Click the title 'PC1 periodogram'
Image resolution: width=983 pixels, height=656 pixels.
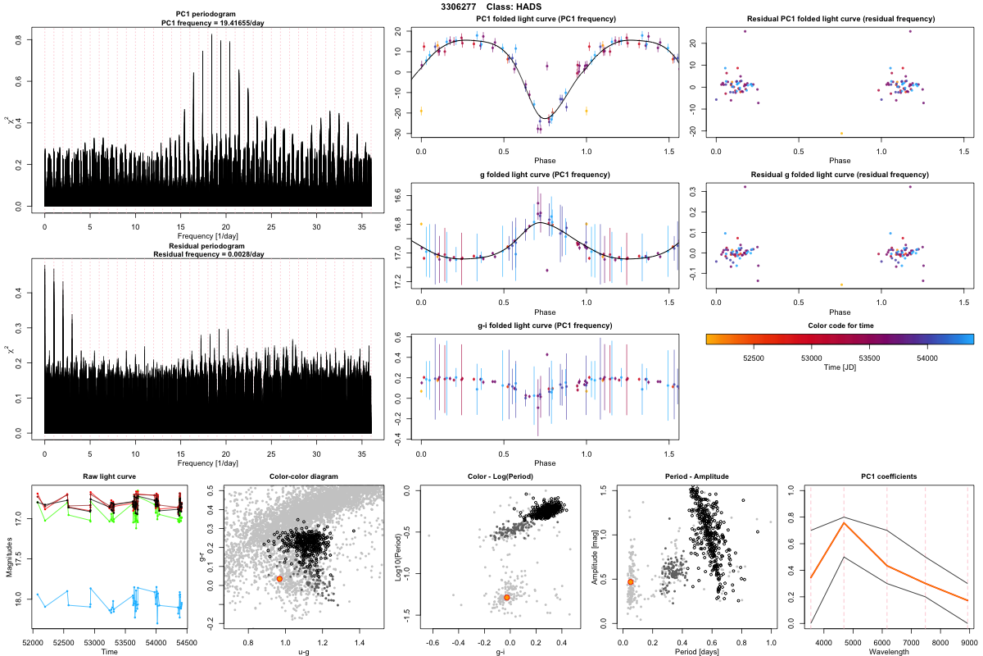click(207, 15)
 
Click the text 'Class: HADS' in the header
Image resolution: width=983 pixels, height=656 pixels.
click(514, 7)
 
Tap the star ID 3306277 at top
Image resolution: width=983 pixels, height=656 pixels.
click(458, 7)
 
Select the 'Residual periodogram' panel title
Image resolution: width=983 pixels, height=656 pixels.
click(207, 246)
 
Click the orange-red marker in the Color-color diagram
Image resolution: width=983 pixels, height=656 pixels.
click(279, 579)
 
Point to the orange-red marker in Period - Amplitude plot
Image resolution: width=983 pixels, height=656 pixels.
click(630, 581)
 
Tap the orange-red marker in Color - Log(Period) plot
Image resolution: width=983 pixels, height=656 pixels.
click(507, 598)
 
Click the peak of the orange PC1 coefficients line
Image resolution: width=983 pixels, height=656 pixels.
click(844, 522)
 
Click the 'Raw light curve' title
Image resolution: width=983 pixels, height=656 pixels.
click(110, 476)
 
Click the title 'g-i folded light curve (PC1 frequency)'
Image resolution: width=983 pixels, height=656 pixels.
click(544, 326)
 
